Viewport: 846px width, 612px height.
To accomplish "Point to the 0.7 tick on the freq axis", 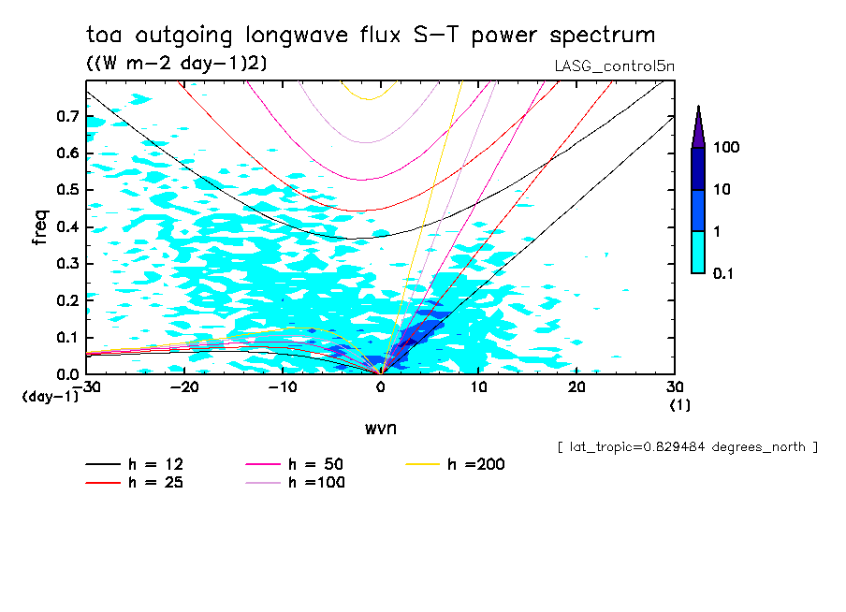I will pyautogui.click(x=65, y=116).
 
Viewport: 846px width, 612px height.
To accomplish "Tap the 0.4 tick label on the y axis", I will pyautogui.click(x=65, y=226).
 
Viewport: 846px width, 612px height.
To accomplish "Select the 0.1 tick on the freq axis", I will pyautogui.click(x=65, y=337).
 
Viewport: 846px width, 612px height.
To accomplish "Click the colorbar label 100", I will pyautogui.click(x=727, y=148).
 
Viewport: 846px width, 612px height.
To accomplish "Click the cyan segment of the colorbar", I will pyautogui.click(x=698, y=252).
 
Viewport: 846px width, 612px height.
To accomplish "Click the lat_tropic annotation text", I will pyautogui.click(x=687, y=447).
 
